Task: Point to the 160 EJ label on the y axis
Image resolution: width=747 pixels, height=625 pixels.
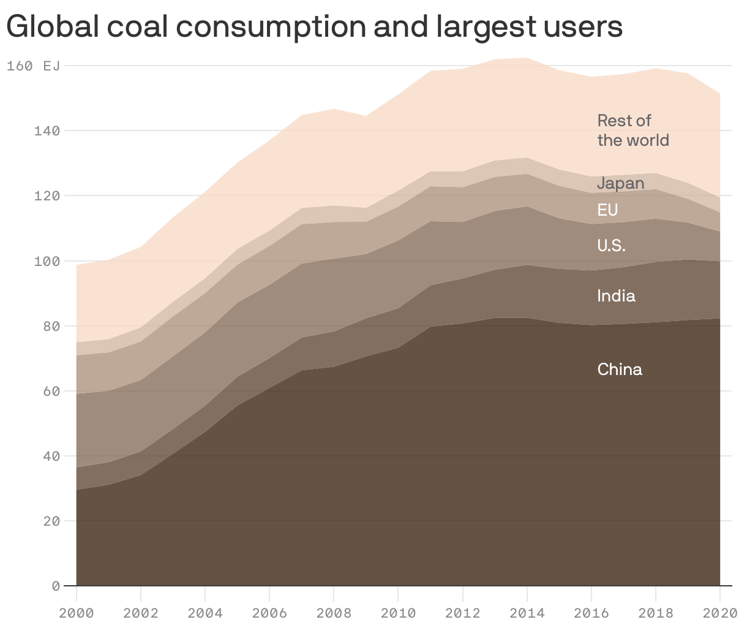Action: tap(34, 66)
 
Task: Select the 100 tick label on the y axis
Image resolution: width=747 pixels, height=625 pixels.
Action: tap(47, 261)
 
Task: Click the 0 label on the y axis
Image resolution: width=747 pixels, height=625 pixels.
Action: tap(56, 586)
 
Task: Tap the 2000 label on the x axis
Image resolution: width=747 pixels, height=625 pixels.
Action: tap(77, 613)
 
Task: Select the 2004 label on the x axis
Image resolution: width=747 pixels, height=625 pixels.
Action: tap(205, 613)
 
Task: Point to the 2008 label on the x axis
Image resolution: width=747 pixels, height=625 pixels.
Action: tap(334, 613)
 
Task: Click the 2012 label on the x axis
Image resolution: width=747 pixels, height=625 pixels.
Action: tap(462, 613)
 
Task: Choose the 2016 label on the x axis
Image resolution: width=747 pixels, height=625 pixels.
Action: tap(591, 613)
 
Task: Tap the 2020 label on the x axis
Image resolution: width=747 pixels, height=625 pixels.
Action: tap(719, 613)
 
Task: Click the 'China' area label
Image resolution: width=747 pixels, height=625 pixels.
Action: tap(620, 369)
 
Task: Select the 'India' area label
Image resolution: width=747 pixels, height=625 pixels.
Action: tap(616, 296)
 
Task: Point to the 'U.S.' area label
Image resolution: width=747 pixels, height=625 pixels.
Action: tap(611, 246)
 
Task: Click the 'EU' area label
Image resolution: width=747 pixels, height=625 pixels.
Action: tap(607, 210)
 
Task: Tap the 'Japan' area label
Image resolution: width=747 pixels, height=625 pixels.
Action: tap(620, 183)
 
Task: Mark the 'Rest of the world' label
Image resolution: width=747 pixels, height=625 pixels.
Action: tap(633, 130)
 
